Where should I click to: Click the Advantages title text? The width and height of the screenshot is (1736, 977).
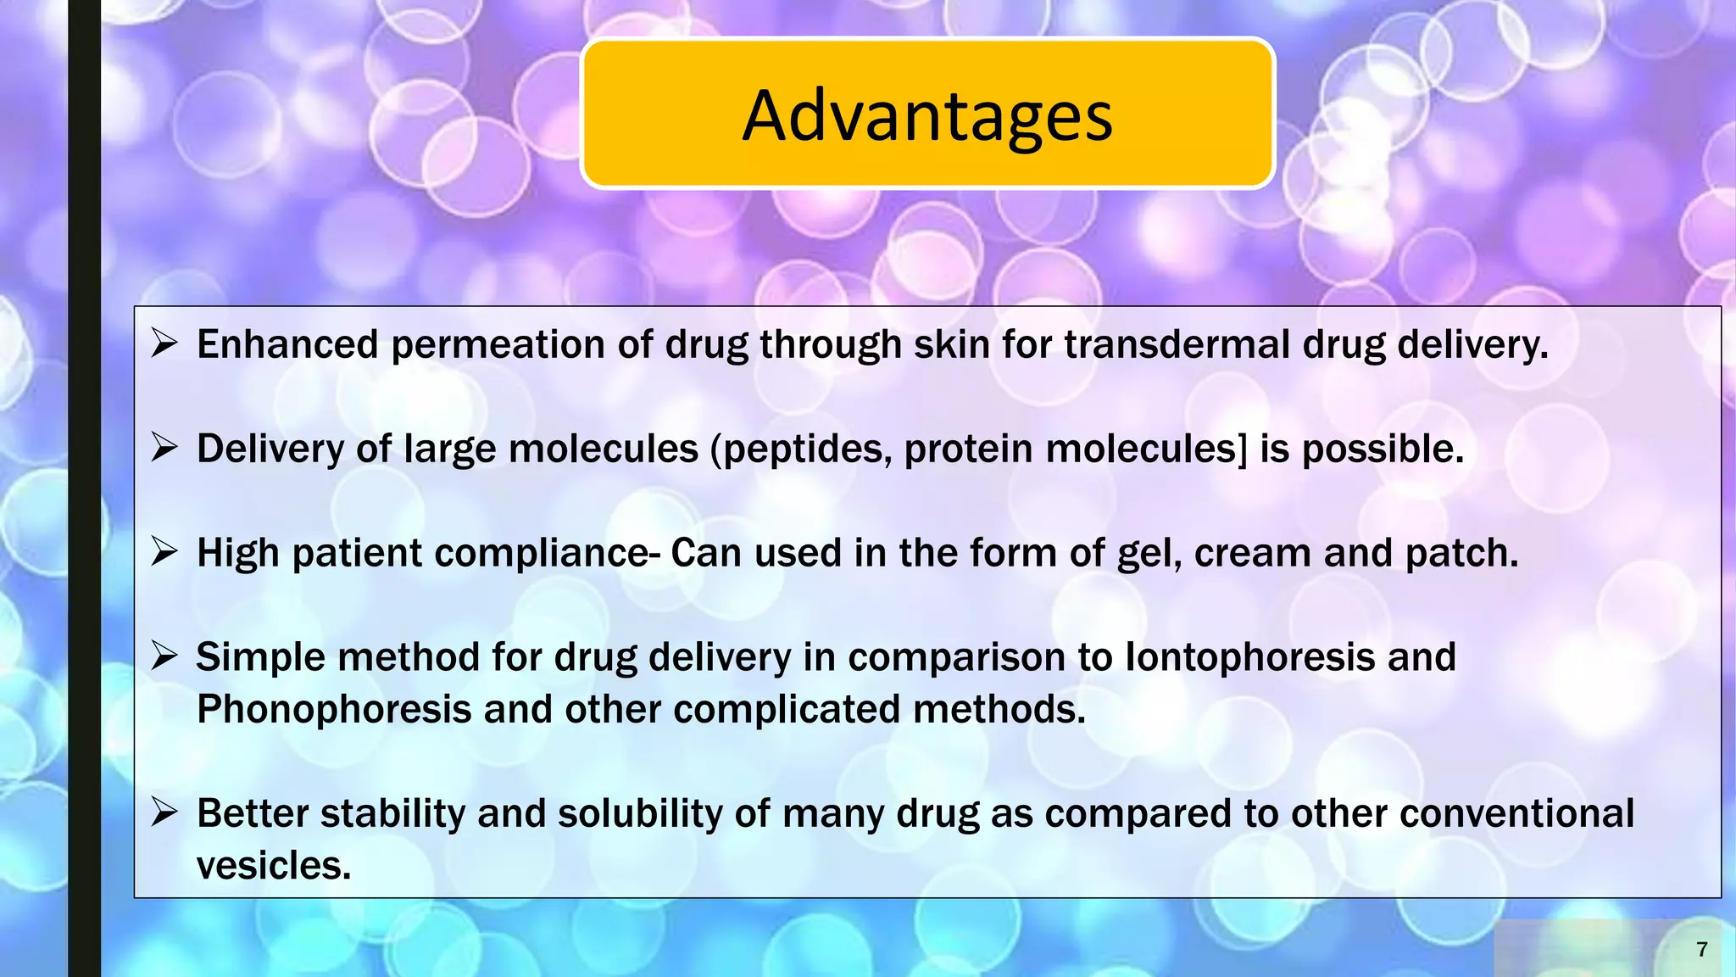[927, 115]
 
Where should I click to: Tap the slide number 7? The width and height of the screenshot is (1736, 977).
[1701, 949]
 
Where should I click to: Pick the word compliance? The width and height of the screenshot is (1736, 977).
[542, 554]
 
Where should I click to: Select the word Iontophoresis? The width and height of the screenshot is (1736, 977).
[1249, 657]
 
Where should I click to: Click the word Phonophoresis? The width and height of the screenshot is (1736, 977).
[334, 710]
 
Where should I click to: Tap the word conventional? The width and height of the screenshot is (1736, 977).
[1516, 813]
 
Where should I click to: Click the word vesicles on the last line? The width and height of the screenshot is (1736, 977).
[273, 866]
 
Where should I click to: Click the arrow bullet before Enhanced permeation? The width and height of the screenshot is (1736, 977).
[164, 344]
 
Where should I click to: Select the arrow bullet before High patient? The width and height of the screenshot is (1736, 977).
[164, 553]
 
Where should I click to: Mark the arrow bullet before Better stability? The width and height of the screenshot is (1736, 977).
[164, 813]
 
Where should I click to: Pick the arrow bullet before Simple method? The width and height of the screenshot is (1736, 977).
[164, 657]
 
